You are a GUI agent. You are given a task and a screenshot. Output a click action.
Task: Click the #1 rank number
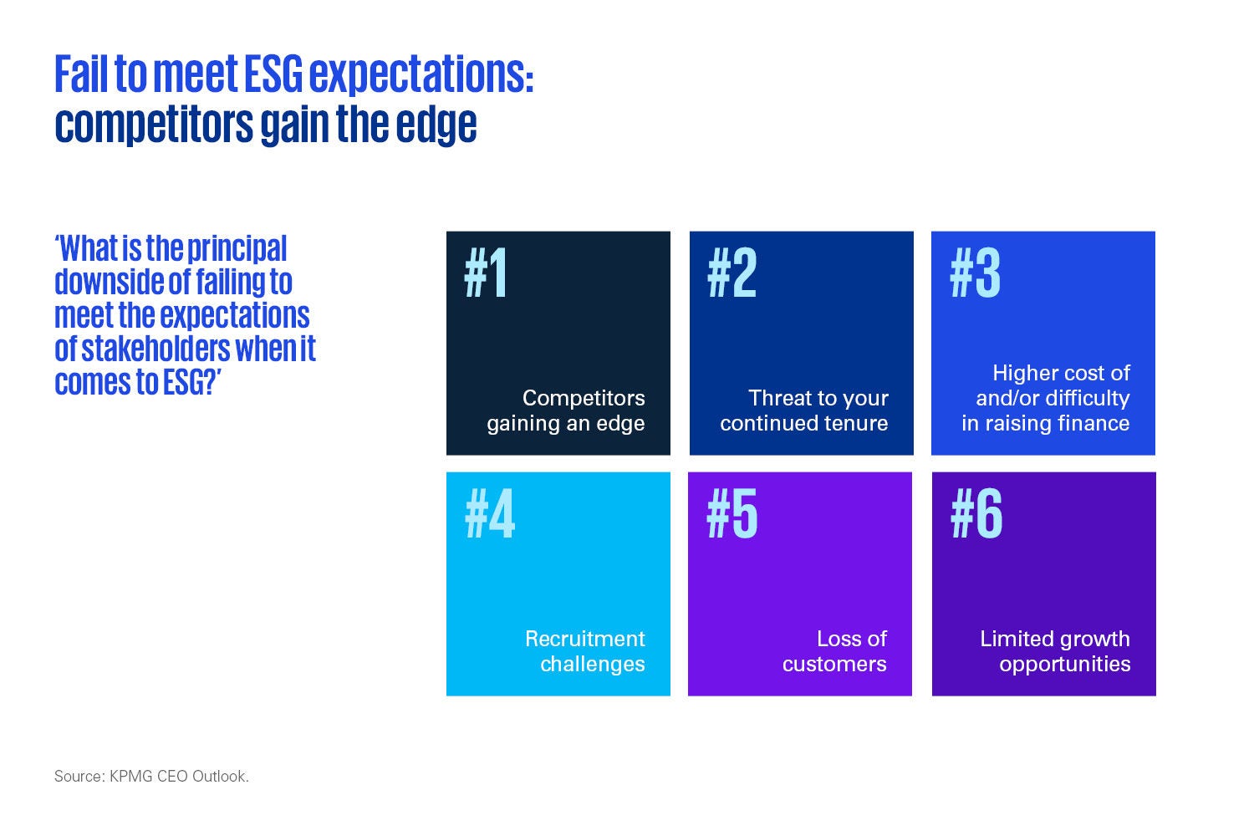(x=486, y=274)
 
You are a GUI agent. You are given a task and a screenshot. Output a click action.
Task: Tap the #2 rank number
(x=731, y=274)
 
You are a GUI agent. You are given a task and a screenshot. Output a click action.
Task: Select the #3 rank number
(x=975, y=274)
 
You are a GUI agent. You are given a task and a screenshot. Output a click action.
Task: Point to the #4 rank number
(x=490, y=514)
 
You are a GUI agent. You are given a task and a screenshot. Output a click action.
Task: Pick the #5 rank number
(x=732, y=514)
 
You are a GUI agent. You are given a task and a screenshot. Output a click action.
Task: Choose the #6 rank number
(x=976, y=514)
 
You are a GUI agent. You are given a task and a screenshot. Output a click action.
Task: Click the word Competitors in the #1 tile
(x=584, y=398)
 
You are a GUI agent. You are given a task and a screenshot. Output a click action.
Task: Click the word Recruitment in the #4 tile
(x=584, y=639)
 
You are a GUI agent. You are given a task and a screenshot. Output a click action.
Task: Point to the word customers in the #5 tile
(x=834, y=664)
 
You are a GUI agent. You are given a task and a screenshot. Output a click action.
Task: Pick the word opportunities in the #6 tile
(x=1064, y=664)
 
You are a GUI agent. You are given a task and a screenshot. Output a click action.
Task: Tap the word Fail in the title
(x=81, y=74)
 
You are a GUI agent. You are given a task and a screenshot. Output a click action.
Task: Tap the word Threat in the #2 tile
(x=779, y=398)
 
